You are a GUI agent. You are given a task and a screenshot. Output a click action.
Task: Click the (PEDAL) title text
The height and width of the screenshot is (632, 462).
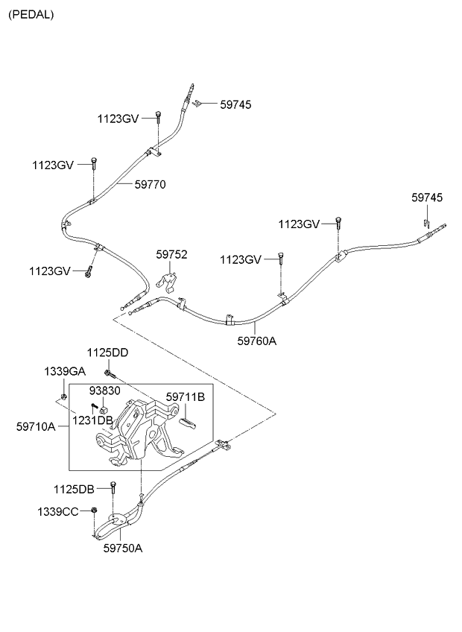(31, 14)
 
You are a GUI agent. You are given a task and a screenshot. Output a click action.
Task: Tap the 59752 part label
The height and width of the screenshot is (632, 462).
(171, 254)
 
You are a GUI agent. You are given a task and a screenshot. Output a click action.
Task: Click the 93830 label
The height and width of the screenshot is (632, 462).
(104, 391)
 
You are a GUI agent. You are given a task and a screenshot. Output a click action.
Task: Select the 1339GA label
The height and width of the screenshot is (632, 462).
(64, 370)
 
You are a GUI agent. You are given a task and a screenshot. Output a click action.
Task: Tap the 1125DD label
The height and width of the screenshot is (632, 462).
(107, 353)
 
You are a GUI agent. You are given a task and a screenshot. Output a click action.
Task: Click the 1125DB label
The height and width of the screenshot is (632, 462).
(74, 489)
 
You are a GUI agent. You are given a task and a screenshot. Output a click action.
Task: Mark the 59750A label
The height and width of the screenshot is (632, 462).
(123, 548)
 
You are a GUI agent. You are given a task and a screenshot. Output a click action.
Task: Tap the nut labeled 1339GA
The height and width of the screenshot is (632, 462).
(64, 395)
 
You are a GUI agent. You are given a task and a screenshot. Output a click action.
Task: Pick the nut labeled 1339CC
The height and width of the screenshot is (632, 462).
(95, 511)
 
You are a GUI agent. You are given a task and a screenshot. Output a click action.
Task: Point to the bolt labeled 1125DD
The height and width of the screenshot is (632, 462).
(110, 370)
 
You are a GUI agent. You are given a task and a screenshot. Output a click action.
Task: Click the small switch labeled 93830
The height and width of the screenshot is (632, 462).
(106, 408)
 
